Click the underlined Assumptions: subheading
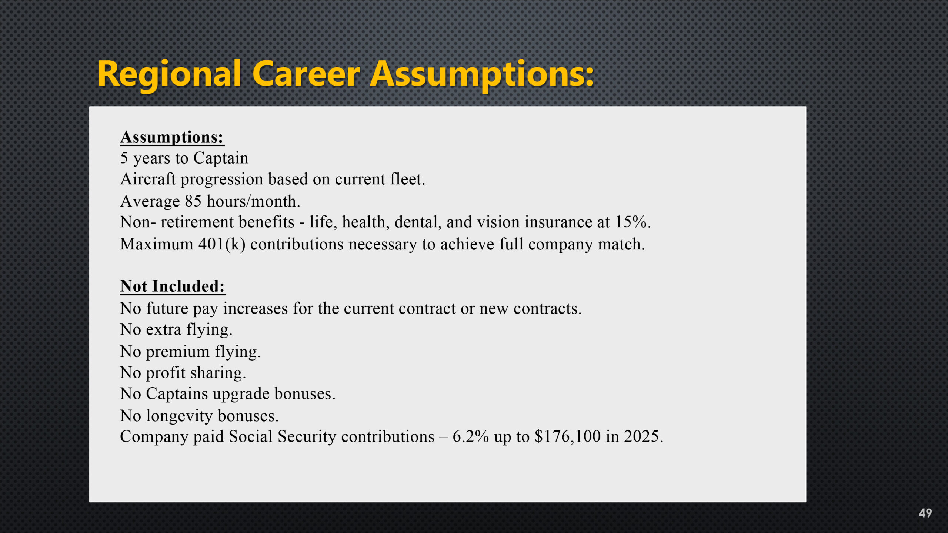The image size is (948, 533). pos(172,137)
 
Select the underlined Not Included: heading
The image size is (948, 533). pos(173,286)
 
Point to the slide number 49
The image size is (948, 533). pos(925,513)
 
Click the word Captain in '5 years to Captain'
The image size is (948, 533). pos(221,158)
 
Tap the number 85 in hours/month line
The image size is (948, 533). pos(193,201)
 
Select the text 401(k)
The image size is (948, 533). pos(222,245)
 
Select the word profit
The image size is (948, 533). pos(166,373)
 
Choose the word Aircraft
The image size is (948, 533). pos(148,179)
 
